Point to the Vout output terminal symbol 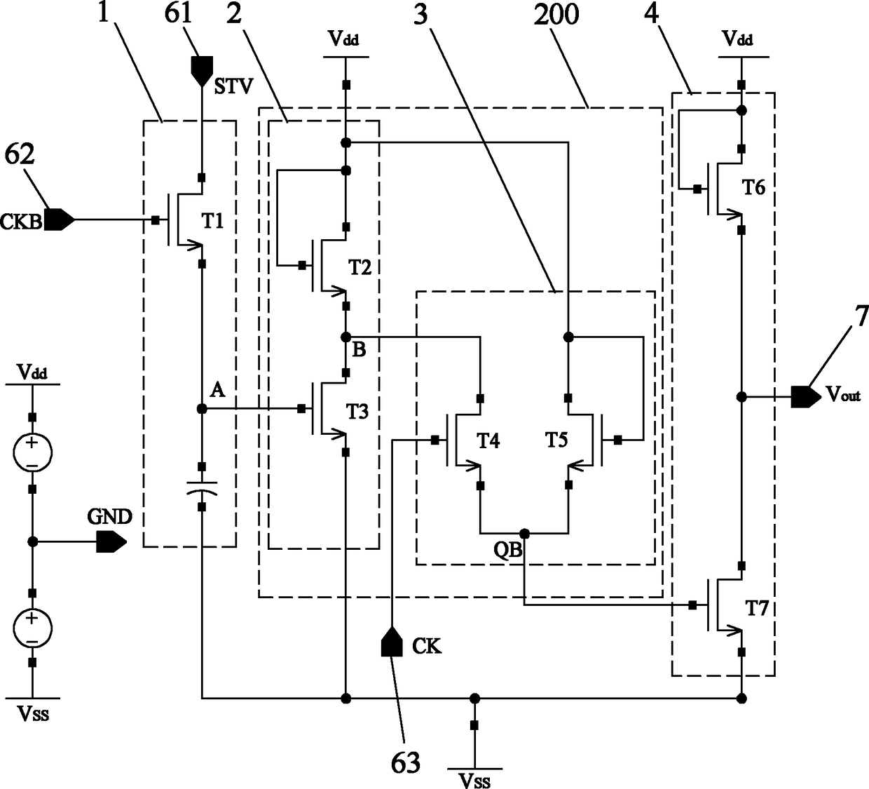pos(806,397)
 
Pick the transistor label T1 pos(213,221)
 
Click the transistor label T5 pos(556,440)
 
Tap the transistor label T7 pos(757,609)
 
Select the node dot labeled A pos(202,408)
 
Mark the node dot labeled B pos(345,337)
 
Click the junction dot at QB pos(525,532)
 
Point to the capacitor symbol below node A pos(202,487)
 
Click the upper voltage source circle pos(32,453)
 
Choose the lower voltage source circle pos(32,628)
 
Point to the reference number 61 pos(179,13)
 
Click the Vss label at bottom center pos(475,781)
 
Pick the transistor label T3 pos(357,411)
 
